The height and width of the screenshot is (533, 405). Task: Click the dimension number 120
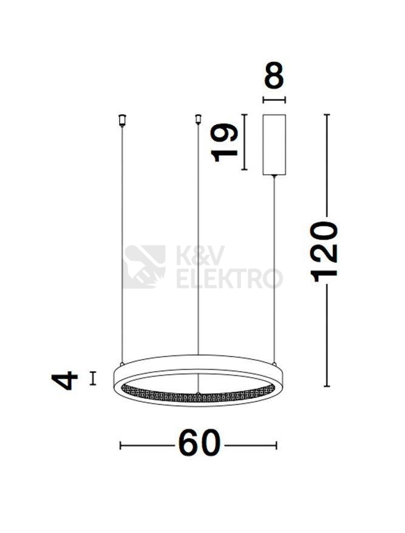(324, 252)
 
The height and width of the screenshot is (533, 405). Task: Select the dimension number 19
(224, 142)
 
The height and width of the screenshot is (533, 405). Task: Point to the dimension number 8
(274, 75)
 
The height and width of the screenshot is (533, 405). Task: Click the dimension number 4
(64, 380)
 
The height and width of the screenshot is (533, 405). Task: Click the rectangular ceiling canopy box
(274, 145)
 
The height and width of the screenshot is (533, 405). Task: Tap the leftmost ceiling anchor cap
(122, 121)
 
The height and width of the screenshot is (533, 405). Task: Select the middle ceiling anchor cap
(198, 119)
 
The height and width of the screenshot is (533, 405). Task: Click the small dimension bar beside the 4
(92, 378)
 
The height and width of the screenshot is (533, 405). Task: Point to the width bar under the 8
(274, 99)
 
